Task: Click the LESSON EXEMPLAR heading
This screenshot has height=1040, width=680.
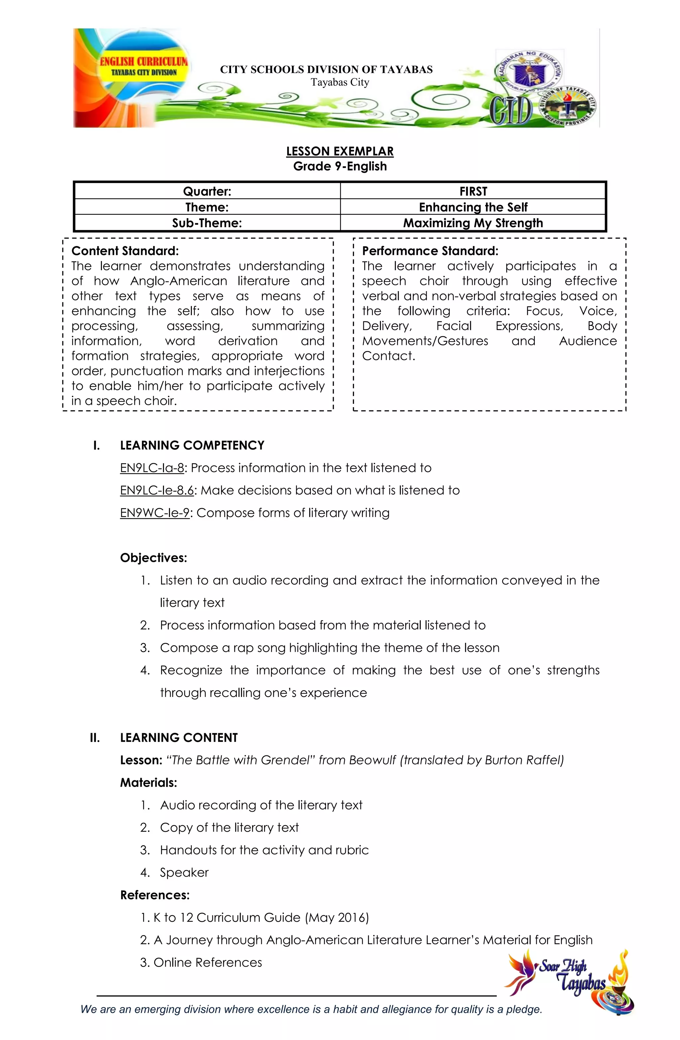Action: coord(340,151)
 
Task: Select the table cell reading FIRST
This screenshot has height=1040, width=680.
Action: coord(473,191)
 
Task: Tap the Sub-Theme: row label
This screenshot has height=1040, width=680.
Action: coord(207,223)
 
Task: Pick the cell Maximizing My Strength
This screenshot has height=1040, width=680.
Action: coord(473,223)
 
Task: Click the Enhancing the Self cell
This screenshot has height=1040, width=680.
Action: coord(473,207)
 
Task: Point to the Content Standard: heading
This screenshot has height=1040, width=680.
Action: coord(125,251)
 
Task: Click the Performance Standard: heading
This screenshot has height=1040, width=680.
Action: coord(430,251)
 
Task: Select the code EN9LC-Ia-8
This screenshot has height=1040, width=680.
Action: coord(152,468)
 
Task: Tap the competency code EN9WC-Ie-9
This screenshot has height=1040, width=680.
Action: coord(155,513)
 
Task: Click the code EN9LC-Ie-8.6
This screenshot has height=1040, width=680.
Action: coord(156,490)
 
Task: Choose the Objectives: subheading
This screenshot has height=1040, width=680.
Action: coord(153,558)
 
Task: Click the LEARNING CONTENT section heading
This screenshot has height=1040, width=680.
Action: coord(179,737)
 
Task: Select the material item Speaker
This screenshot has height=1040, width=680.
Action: coord(184,873)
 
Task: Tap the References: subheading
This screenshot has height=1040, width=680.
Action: coord(155,895)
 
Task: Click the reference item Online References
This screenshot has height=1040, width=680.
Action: coord(208,963)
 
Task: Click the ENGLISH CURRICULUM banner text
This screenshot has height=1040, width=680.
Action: coord(143,62)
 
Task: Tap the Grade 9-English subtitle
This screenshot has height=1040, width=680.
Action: coord(340,166)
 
